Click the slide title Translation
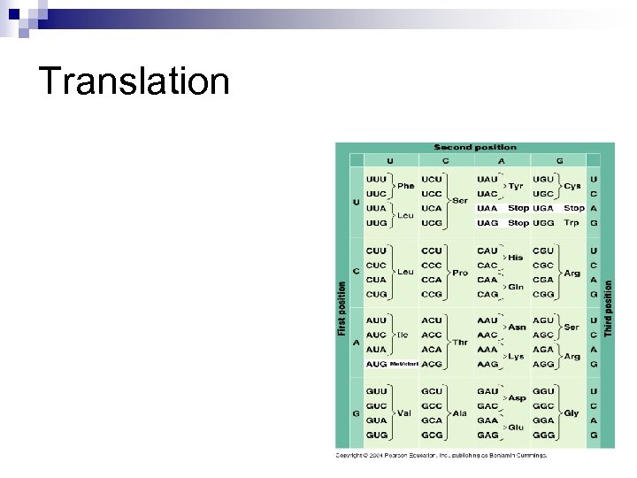[134, 81]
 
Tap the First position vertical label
[342, 308]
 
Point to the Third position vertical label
[608, 308]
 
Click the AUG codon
[376, 364]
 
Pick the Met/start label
[403, 364]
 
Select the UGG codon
[543, 223]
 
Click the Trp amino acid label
[572, 223]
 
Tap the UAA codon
[487, 208]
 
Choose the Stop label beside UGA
[574, 208]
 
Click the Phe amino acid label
[405, 186]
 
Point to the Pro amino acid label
[460, 273]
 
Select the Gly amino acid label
[572, 413]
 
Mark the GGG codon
[543, 436]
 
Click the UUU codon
[376, 179]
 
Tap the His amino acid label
[515, 258]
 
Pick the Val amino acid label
[405, 413]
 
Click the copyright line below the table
[441, 456]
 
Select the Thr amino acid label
[460, 342]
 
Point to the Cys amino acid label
[572, 186]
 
